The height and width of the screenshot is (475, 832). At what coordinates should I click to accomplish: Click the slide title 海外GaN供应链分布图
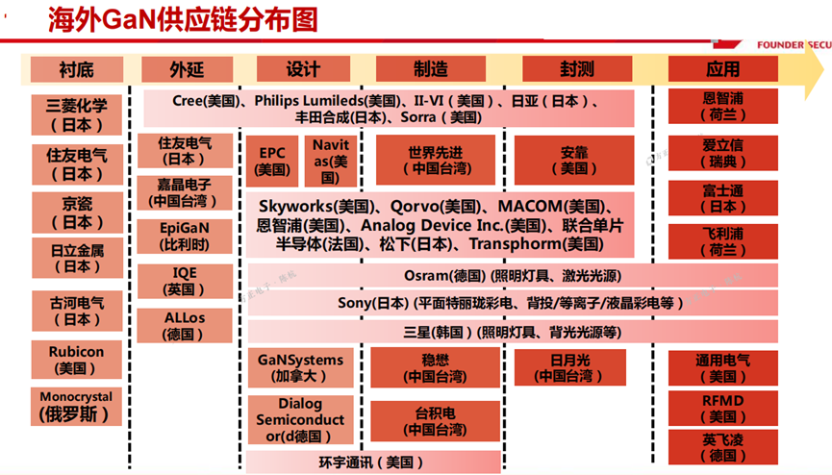click(183, 20)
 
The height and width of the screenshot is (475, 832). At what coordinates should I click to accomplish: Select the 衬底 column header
click(76, 69)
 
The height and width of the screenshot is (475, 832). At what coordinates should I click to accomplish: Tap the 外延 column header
click(187, 69)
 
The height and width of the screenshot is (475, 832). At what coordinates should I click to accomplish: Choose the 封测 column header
click(576, 69)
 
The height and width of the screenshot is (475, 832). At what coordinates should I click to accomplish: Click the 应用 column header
click(722, 69)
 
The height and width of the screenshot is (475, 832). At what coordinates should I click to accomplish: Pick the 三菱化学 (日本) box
click(77, 114)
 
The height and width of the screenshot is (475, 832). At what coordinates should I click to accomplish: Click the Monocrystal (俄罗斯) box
click(76, 407)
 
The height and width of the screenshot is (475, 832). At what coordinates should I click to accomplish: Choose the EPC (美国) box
click(272, 161)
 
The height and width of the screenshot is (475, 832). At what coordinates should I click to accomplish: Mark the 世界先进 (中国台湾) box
click(435, 161)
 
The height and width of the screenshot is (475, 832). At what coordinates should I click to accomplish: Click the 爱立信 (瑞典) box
click(722, 153)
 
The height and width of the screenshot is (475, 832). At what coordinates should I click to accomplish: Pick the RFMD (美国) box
click(722, 408)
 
